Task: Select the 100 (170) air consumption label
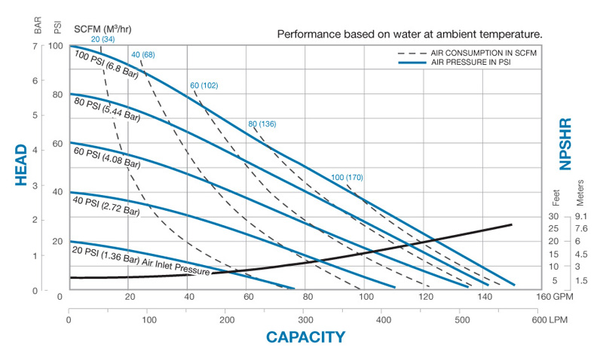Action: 347,177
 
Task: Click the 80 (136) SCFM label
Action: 262,124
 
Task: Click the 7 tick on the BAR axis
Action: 35,46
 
